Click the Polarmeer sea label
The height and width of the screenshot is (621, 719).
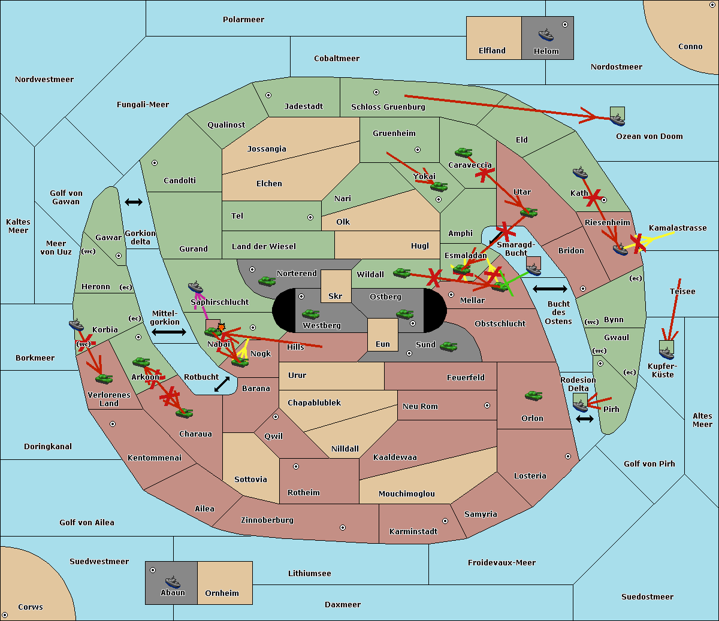click(x=243, y=20)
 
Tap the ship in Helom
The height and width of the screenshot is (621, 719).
click(x=546, y=35)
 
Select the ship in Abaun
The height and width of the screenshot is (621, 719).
click(x=173, y=581)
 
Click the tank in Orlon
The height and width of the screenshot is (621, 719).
click(x=534, y=396)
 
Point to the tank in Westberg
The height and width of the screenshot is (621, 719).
click(x=310, y=314)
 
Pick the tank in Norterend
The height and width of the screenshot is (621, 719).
click(x=267, y=281)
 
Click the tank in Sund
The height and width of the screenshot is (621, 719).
click(x=448, y=346)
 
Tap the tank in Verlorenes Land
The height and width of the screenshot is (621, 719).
click(x=104, y=378)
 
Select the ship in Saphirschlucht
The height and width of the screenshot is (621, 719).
click(x=195, y=287)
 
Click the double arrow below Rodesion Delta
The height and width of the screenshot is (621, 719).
click(x=585, y=419)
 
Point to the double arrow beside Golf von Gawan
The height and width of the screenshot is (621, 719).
click(x=134, y=202)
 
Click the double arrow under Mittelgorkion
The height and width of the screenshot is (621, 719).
click(x=169, y=332)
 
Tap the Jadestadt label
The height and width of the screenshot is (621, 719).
click(x=304, y=107)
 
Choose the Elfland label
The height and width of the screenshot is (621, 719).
click(x=492, y=51)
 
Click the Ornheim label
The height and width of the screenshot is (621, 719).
click(x=222, y=593)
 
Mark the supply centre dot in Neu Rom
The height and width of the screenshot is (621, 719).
click(x=487, y=405)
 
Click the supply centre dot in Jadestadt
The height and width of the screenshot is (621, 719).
click(x=268, y=95)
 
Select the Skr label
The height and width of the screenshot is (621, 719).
click(x=336, y=296)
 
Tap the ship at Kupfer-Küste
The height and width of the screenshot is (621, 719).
click(x=666, y=353)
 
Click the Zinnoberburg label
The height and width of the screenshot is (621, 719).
click(x=267, y=520)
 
